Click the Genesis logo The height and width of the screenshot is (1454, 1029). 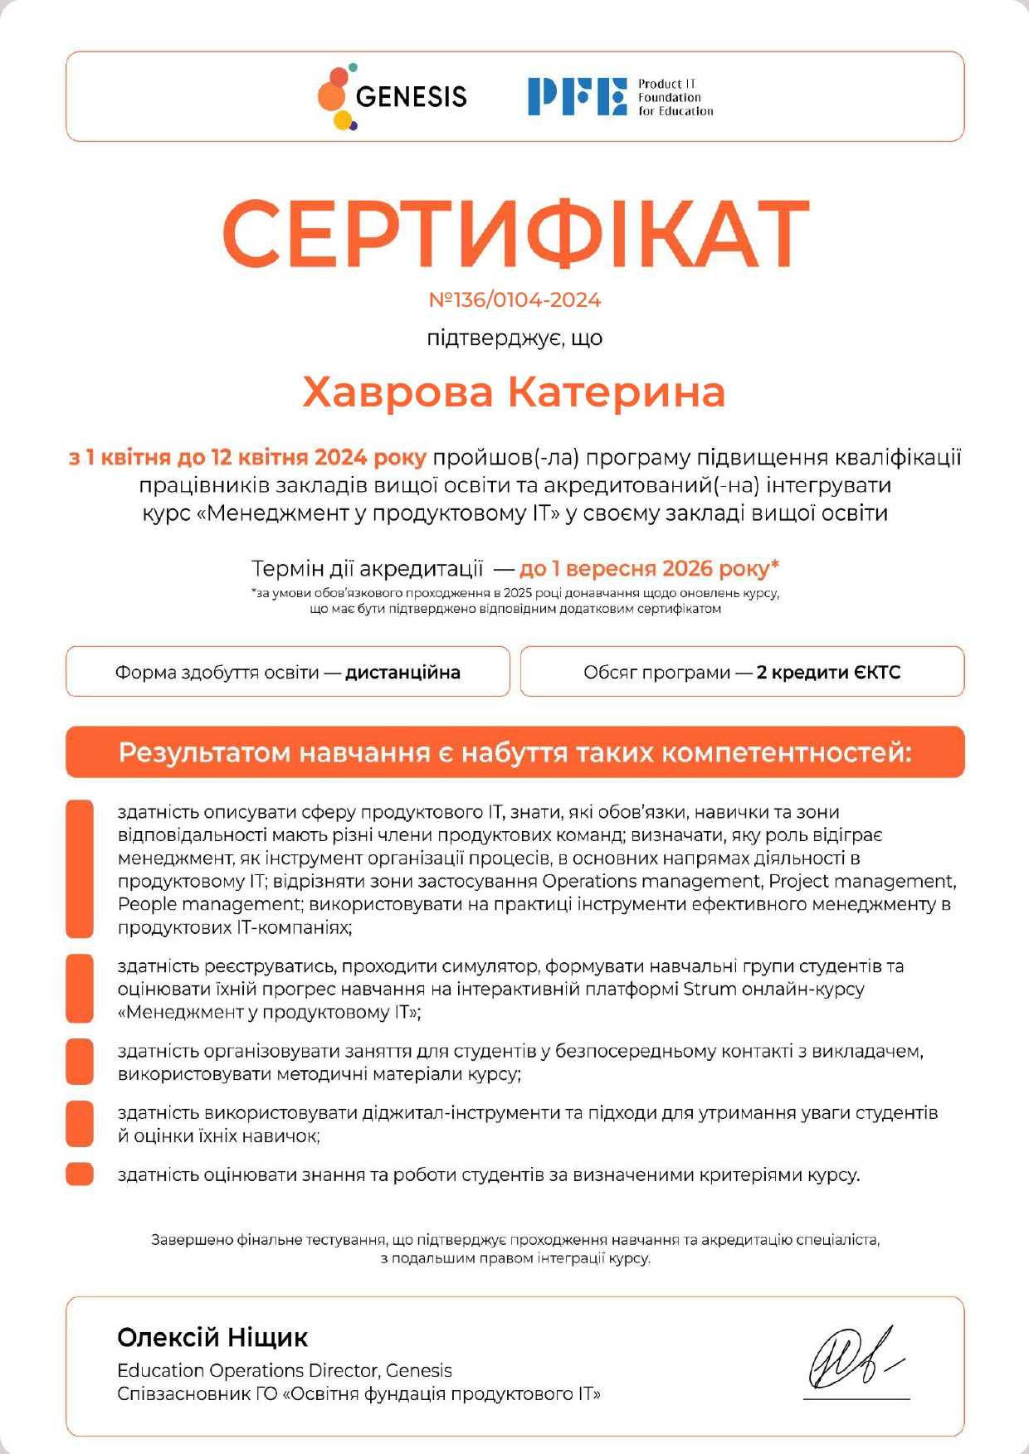click(x=392, y=97)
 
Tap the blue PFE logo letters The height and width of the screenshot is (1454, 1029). click(x=577, y=96)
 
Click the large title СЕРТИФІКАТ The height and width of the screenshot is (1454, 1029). click(x=514, y=235)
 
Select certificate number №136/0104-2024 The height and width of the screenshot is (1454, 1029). click(x=514, y=300)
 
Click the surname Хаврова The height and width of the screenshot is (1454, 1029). click(x=397, y=392)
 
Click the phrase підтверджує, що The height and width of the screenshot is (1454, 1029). click(x=514, y=338)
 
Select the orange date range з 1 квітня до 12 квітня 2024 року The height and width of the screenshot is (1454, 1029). click(x=247, y=457)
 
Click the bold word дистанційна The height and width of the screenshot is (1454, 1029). click(x=402, y=672)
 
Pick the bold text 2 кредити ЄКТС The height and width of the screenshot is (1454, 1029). click(x=828, y=672)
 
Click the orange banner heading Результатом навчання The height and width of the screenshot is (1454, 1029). click(x=514, y=752)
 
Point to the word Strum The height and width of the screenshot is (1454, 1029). click(x=710, y=990)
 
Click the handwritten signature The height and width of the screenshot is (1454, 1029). click(x=855, y=1358)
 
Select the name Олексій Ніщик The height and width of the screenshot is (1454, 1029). click(x=212, y=1337)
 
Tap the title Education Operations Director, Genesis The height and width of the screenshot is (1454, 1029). click(x=285, y=1370)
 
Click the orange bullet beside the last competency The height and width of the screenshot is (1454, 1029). click(x=80, y=1174)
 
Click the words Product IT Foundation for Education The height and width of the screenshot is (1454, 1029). click(x=675, y=97)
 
